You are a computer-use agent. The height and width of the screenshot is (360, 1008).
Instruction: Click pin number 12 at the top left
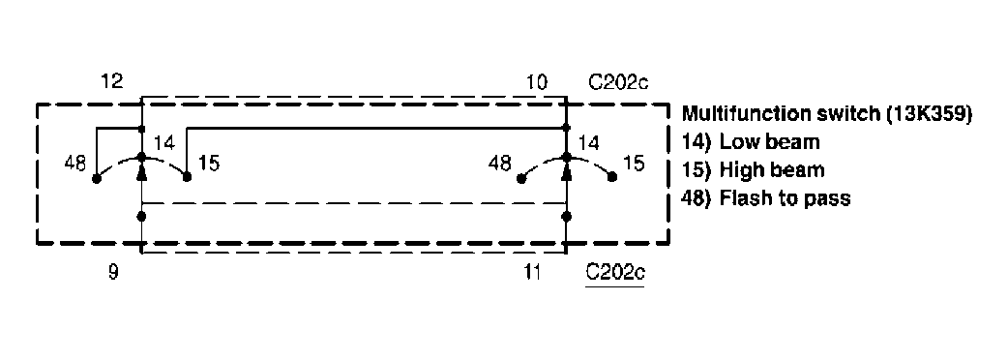112,83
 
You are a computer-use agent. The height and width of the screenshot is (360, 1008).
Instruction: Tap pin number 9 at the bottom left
113,273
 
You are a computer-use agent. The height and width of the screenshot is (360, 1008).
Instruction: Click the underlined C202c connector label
615,274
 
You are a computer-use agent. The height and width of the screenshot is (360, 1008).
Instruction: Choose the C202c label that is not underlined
617,83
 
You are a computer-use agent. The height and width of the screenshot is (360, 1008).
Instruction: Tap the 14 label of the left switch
163,143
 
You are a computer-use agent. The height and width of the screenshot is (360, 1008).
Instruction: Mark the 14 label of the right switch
588,143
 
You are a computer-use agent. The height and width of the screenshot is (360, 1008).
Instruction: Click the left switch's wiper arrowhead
142,171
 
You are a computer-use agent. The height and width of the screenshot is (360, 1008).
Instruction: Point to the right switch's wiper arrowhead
567,171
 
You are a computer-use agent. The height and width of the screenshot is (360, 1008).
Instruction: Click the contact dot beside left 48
97,178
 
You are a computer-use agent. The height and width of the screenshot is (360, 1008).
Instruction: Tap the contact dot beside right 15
612,178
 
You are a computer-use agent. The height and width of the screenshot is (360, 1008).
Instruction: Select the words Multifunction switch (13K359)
826,114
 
